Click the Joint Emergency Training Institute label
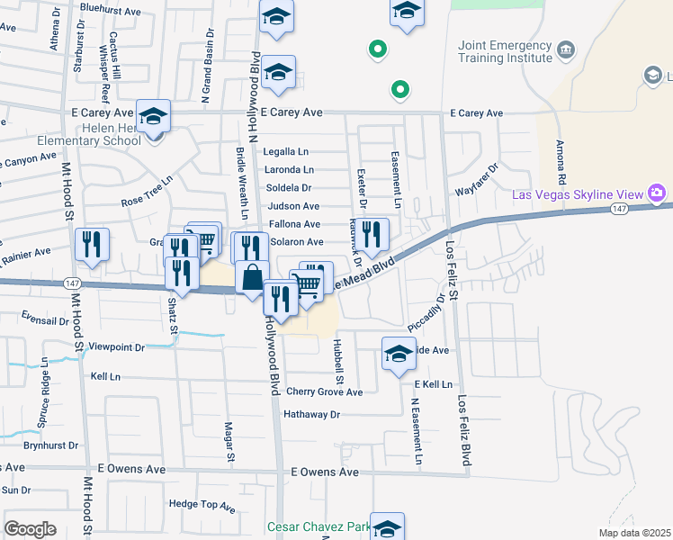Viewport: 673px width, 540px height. [504, 51]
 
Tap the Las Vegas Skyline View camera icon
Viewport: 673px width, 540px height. [658, 193]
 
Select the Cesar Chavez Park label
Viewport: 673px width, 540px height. [318, 526]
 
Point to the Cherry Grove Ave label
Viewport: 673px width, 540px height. [324, 392]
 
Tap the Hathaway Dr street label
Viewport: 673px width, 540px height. [311, 415]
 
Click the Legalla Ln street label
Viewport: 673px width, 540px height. [286, 152]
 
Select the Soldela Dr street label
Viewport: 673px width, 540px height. [289, 188]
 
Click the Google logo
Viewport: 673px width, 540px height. [30, 529]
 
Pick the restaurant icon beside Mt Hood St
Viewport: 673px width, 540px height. [92, 244]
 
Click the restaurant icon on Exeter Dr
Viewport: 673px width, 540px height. [372, 234]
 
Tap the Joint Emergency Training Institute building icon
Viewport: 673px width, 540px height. [566, 48]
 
